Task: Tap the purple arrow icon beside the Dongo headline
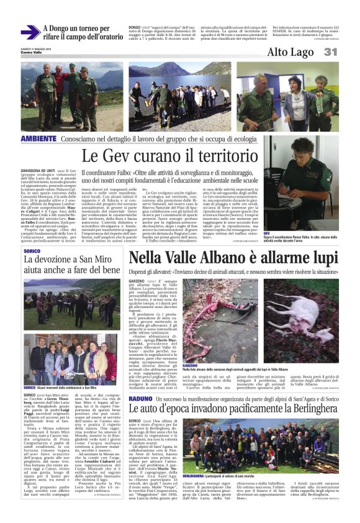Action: click(x=29, y=32)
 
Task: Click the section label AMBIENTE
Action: click(x=38, y=138)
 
